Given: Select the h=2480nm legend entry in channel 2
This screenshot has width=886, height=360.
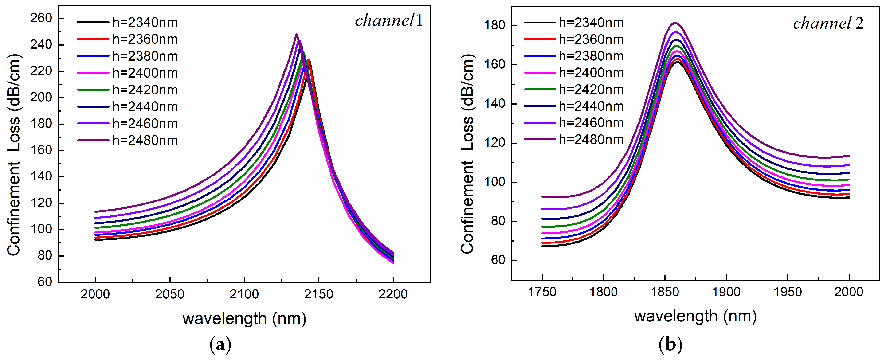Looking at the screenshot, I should click(591, 140).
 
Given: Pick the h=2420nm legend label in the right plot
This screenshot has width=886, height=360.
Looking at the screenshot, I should click(591, 89).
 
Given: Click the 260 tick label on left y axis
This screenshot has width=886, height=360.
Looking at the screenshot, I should click(41, 18).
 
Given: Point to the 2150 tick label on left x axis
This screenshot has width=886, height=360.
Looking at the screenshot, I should click(318, 294).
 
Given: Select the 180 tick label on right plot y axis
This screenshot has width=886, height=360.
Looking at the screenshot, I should click(494, 25).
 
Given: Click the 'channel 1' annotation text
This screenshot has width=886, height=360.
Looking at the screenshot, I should click(389, 21).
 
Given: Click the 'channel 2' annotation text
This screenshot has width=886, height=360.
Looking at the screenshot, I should click(828, 23).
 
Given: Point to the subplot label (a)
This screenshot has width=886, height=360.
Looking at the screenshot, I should click(220, 345).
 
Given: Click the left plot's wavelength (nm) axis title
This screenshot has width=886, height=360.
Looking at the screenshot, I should click(244, 318).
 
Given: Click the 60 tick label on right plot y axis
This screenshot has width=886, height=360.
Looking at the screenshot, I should click(498, 260).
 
